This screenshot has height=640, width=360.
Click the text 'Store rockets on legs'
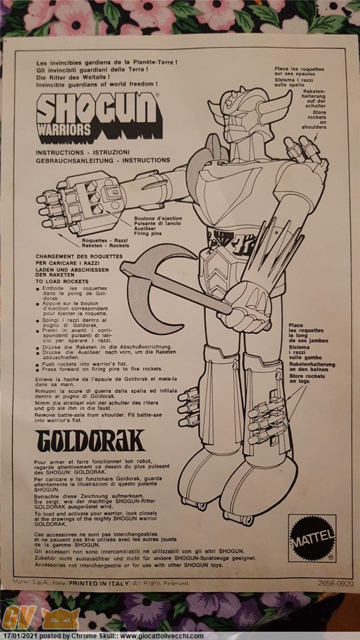click(306, 379)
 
